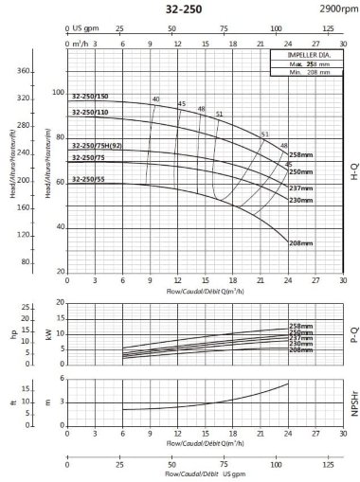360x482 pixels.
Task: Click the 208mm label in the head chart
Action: pos(300,243)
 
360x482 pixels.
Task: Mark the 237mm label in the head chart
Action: pos(300,187)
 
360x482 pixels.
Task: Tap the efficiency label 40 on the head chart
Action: pos(155,99)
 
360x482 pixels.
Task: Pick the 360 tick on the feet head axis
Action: pos(26,71)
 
